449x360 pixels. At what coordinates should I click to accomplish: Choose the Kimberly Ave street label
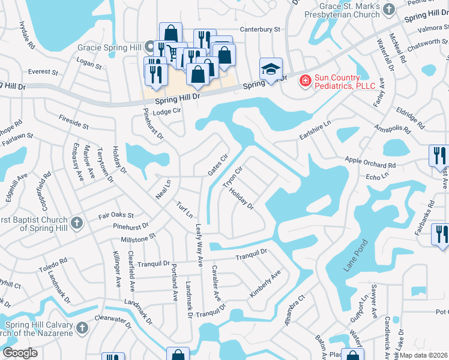265,284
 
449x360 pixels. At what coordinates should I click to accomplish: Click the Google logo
20,353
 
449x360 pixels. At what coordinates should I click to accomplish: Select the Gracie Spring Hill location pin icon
149,46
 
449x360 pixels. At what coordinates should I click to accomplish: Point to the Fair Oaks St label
116,215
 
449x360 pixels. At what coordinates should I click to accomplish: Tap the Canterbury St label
260,29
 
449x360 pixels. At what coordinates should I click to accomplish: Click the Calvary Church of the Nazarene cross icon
82,329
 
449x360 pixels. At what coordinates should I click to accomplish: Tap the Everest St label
43,72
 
